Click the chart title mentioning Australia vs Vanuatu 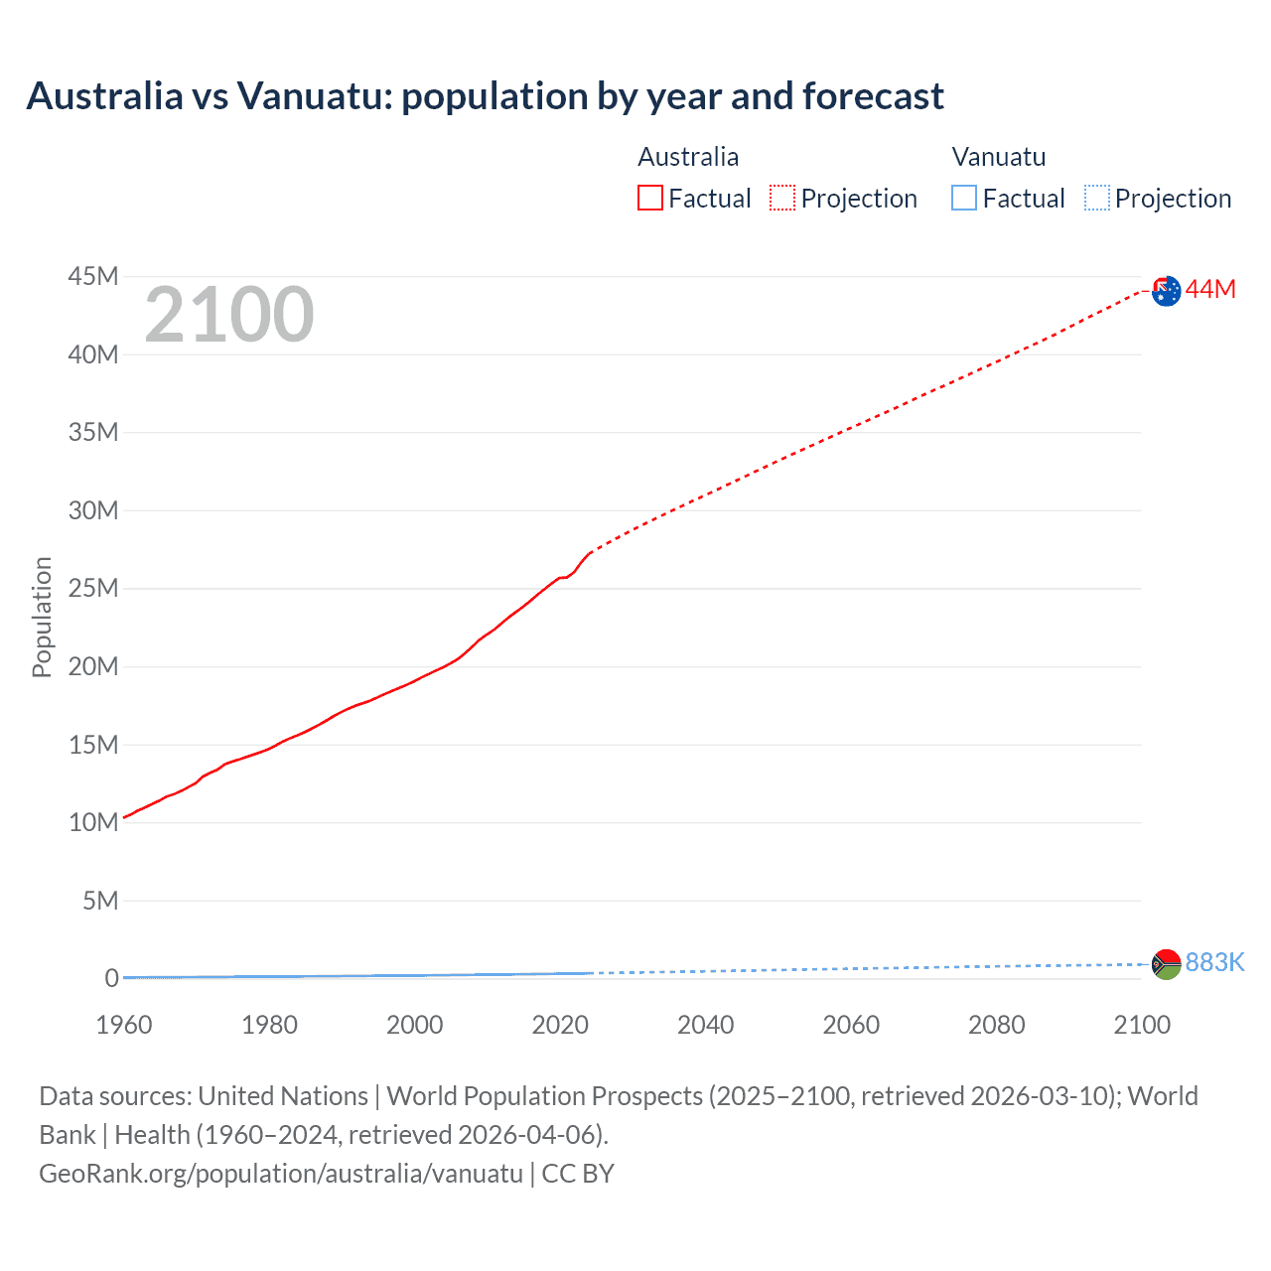(485, 96)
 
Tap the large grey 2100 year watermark (229, 315)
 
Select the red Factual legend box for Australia (650, 198)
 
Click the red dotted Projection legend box (782, 198)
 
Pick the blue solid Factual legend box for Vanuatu (964, 198)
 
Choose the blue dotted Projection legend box (1097, 198)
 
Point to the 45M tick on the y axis (93, 276)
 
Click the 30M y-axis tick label (93, 510)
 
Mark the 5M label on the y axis (99, 901)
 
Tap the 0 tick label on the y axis (111, 978)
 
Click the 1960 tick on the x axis (124, 1025)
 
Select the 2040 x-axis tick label (705, 1025)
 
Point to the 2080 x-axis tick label (996, 1025)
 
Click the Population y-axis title (42, 617)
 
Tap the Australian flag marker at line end (1167, 291)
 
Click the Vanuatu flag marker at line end (1167, 964)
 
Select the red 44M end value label (1210, 289)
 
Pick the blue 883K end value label (1214, 962)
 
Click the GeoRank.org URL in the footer (281, 1173)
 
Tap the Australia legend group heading (688, 157)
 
